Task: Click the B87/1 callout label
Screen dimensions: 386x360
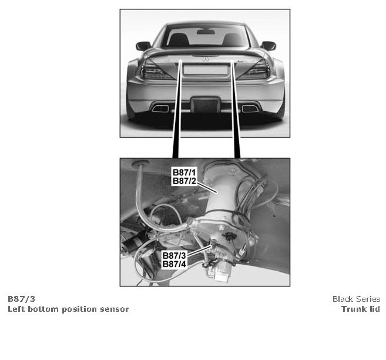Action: click(184, 172)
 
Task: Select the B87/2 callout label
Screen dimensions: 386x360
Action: click(184, 181)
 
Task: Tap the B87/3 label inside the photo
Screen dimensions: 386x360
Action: click(174, 255)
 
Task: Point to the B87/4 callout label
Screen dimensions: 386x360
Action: click(174, 264)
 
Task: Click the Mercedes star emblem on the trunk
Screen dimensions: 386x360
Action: click(206, 59)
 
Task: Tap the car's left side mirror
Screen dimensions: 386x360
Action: click(143, 46)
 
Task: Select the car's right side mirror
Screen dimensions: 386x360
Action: click(268, 46)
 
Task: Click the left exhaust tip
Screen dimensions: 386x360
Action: click(160, 108)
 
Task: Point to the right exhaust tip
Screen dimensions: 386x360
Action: click(250, 108)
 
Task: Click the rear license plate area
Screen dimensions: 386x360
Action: click(206, 70)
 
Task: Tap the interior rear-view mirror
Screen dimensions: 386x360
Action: click(206, 32)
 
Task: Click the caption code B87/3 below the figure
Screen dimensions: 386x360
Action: click(21, 299)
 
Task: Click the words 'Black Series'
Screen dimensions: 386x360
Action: click(356, 299)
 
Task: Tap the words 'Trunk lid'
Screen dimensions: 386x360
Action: click(361, 309)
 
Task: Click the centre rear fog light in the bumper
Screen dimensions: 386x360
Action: click(205, 104)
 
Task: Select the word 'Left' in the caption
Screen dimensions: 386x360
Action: click(16, 309)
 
